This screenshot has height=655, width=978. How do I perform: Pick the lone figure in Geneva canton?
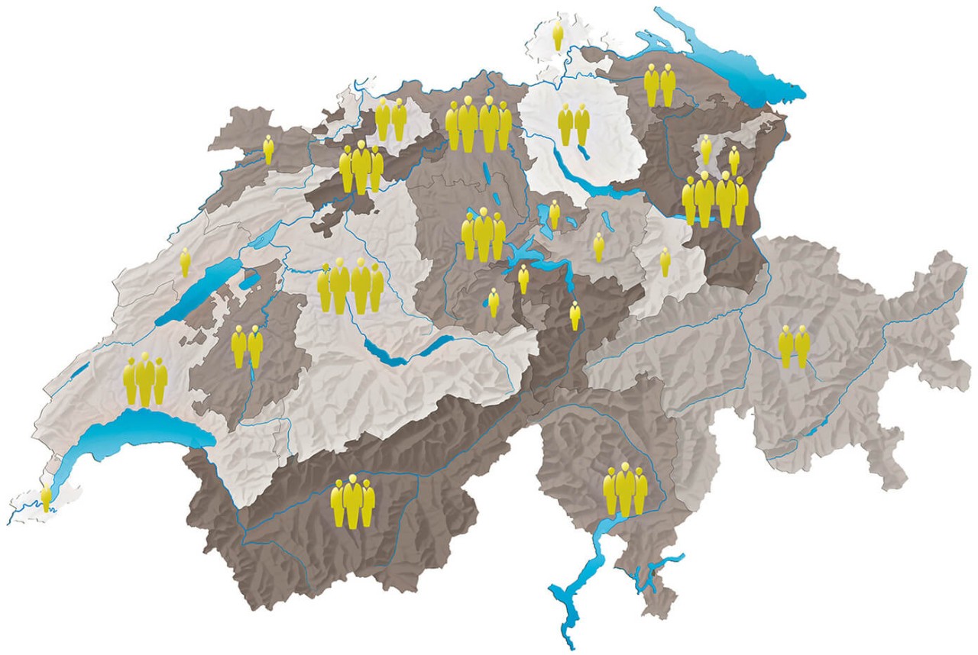click(x=46, y=497)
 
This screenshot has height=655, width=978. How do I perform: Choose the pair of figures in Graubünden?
click(x=794, y=346)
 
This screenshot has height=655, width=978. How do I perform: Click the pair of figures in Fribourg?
click(x=247, y=346)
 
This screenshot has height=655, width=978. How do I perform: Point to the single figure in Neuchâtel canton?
click(x=185, y=262)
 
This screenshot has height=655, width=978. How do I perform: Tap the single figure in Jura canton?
click(x=268, y=149)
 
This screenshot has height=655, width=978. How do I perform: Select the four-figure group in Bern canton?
click(x=351, y=286)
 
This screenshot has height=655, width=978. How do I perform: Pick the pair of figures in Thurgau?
click(x=659, y=85)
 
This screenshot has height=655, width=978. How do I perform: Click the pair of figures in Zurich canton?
click(x=574, y=124)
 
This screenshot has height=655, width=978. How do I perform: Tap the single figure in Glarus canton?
click(x=665, y=261)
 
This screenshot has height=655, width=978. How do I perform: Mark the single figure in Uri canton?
click(x=575, y=315)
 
